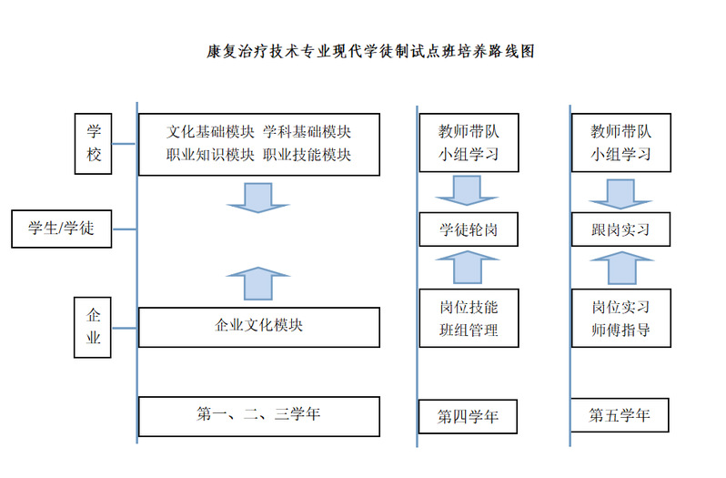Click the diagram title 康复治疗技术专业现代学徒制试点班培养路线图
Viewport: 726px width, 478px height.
(x=370, y=51)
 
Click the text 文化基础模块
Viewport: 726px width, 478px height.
(x=210, y=132)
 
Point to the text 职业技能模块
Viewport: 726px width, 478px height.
(x=307, y=155)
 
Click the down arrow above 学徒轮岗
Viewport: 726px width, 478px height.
(x=467, y=190)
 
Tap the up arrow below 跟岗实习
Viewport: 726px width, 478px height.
(x=621, y=268)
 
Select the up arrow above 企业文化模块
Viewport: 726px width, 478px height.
(x=257, y=283)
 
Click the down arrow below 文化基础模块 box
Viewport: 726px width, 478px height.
(x=257, y=198)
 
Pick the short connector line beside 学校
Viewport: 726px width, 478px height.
(x=124, y=144)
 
